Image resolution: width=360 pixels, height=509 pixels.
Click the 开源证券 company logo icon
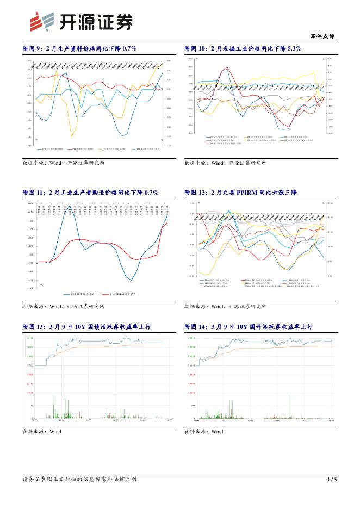coord(36,21)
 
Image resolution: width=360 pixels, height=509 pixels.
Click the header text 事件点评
coord(322,36)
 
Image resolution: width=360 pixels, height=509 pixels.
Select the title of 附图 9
coord(79,48)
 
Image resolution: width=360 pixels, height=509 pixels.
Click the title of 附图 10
coord(243,48)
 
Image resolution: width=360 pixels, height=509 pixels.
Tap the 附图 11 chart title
coord(90,193)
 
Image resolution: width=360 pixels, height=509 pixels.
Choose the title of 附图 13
coord(86,326)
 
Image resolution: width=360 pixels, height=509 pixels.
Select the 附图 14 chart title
coord(249,326)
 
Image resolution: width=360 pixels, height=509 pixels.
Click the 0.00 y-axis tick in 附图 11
coord(30,204)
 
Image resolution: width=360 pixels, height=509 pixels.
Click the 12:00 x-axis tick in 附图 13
coord(88,421)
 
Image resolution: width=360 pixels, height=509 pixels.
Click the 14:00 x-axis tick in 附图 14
coord(277,421)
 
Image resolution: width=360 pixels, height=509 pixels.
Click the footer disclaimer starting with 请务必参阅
coord(79,479)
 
